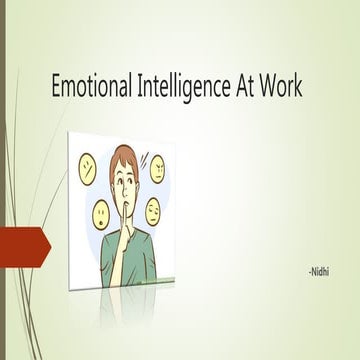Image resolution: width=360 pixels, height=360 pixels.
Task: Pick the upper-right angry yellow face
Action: tap(158, 169)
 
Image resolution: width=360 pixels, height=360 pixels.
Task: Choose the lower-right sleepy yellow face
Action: tap(154, 211)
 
